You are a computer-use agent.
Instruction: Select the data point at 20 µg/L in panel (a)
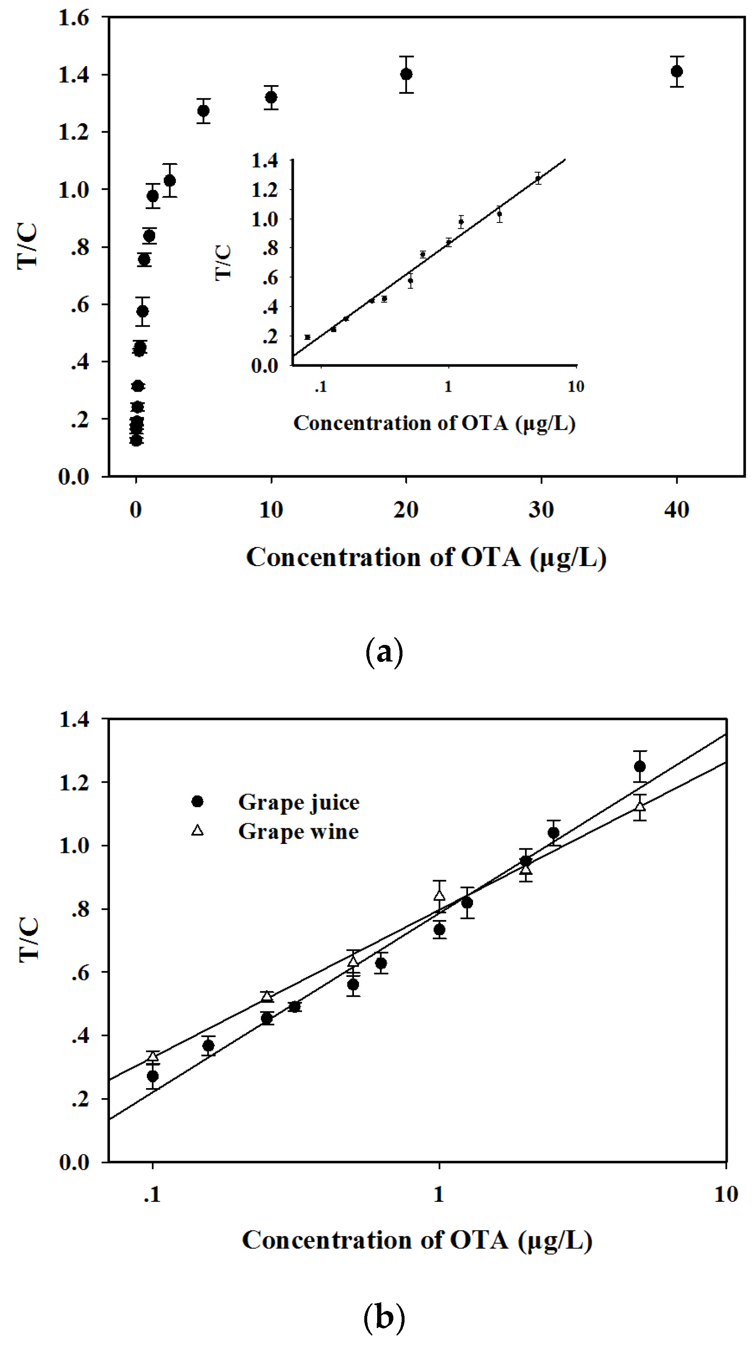coord(406,74)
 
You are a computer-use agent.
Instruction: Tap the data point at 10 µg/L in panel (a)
coord(271,97)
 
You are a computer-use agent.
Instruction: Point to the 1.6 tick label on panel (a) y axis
coord(73,18)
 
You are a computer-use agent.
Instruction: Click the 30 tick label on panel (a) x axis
coord(541,510)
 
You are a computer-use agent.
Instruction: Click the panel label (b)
coord(384,1316)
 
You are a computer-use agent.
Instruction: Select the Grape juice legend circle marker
coord(198,801)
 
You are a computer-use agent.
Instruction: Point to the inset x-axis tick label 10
coord(576,387)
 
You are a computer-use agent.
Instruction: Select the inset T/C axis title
coord(224,263)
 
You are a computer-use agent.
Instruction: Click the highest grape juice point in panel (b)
coord(639,766)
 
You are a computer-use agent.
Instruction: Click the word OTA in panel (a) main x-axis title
coord(491,557)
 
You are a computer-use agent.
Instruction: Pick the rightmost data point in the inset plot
coord(538,178)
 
